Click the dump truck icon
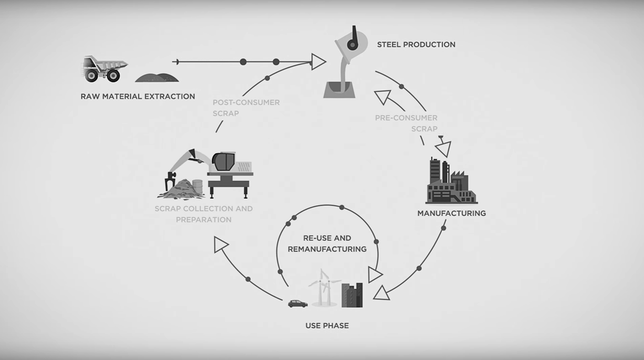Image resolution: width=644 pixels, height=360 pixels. point(104,69)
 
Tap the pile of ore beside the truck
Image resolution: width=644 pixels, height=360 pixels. point(157,77)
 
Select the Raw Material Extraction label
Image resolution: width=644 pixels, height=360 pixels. point(138,96)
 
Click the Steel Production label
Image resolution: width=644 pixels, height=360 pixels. point(416,45)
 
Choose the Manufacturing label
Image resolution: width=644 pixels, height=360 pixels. point(452,213)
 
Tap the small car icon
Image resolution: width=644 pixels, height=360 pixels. point(297,304)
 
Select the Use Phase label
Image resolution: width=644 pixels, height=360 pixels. point(327,325)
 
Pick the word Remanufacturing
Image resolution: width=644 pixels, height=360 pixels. point(327,249)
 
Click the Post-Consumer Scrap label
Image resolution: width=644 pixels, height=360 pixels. point(246,108)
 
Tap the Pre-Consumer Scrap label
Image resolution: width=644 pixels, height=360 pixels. point(406,123)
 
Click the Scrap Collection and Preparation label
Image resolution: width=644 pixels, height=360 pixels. point(204,214)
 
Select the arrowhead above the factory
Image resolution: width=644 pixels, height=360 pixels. point(444,148)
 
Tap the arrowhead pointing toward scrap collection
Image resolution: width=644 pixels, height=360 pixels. point(220,245)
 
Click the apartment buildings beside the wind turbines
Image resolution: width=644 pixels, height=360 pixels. point(352,295)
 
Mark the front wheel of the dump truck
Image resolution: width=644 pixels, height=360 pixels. point(113,75)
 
